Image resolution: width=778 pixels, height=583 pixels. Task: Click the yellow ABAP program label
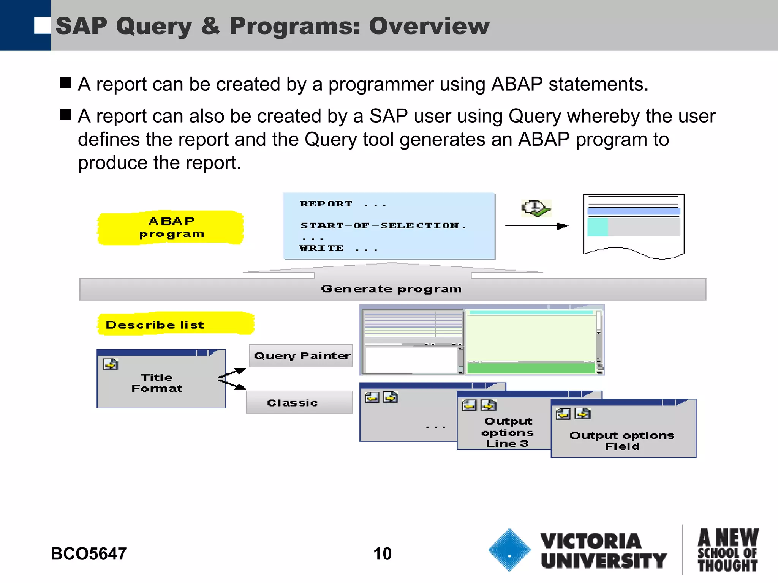(171, 227)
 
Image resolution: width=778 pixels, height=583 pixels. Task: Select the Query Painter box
(301, 356)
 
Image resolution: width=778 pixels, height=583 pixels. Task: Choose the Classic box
(299, 402)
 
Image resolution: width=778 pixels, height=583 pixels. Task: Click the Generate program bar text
(391, 289)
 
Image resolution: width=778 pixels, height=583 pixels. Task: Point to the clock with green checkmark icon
(536, 208)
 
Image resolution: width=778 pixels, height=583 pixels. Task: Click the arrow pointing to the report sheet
(536, 226)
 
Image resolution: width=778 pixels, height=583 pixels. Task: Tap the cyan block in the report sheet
(597, 227)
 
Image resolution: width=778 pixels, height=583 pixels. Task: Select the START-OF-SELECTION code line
(383, 225)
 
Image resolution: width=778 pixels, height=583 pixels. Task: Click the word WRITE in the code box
(321, 248)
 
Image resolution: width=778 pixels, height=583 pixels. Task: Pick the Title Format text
(157, 383)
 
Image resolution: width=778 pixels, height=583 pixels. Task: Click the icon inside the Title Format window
(111, 364)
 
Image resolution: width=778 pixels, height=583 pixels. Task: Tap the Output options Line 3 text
(508, 432)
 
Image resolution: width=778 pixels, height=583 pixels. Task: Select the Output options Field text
(622, 441)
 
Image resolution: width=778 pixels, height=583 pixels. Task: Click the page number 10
(382, 554)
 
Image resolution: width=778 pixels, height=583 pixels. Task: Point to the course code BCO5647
(89, 554)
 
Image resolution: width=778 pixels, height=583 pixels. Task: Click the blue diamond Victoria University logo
(509, 550)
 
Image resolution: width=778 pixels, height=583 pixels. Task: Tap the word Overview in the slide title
(429, 26)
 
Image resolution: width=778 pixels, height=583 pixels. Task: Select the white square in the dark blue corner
(42, 25)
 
